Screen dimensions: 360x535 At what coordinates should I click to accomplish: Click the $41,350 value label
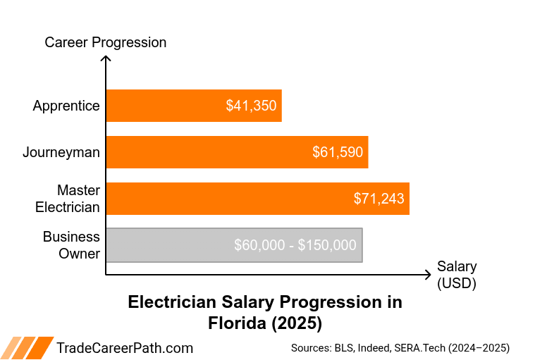coord(251,106)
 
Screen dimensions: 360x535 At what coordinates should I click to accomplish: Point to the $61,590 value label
coord(338,152)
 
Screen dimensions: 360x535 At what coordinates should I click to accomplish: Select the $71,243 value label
coord(379,199)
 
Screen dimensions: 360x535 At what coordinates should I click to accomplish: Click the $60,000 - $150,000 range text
coord(295,245)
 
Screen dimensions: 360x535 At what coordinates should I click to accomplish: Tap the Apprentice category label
coord(66,106)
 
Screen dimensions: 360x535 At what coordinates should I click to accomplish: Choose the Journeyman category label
coord(61,152)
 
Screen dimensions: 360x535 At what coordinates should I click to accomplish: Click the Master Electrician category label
coord(69,199)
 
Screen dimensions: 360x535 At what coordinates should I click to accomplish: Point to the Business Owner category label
coord(71,245)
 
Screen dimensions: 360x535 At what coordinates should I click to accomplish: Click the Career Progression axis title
coord(106,42)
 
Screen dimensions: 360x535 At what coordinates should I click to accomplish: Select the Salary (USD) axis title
coord(457,275)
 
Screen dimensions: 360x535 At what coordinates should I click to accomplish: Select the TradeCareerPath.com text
coord(124,347)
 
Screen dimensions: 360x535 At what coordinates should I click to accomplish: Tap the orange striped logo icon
coord(27,347)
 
